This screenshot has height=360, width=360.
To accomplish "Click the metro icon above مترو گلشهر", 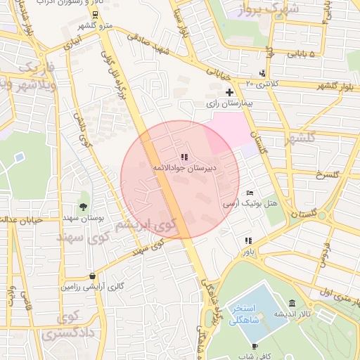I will tap(96, 14).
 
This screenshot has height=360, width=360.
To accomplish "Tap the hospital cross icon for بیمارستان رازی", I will tap(229, 92).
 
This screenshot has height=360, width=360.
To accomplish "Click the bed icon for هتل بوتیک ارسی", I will tap(250, 193).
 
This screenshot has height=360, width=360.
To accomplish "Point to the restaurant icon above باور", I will tap(248, 240).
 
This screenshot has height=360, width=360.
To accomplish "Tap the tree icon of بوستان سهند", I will tap(84, 206).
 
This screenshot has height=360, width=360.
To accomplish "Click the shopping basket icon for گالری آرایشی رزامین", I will tap(93, 276).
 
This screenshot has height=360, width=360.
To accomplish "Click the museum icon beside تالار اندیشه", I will tap(291, 293).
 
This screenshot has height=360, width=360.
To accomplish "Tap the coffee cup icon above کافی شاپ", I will tap(255, 346).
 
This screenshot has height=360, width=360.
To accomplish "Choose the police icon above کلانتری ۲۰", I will tap(262, 72).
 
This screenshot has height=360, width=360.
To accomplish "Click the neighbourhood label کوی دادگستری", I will tap(67, 326).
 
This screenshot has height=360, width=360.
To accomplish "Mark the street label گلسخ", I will tap(328, 174).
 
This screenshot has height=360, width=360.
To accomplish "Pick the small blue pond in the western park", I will tap(19, 155).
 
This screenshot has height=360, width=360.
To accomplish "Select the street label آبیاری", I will tap(71, 44).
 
